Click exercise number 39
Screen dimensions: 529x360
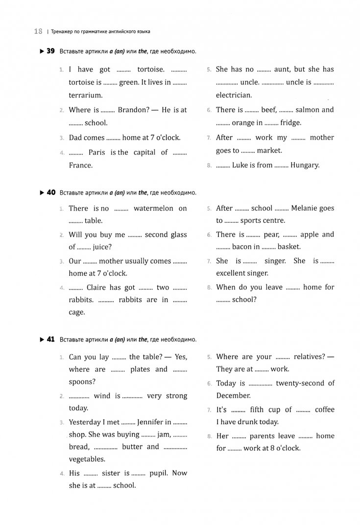click(49, 51)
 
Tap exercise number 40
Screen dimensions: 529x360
click(49, 192)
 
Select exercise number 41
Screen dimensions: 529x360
click(49, 339)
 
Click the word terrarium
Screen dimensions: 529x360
click(85, 96)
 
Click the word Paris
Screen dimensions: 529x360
click(96, 152)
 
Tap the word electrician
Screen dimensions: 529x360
click(234, 96)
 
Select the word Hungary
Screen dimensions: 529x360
click(305, 165)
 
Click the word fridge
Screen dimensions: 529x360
click(290, 123)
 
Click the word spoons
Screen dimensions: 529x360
click(82, 382)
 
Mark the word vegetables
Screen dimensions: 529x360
click(87, 459)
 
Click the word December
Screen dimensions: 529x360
click(233, 395)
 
